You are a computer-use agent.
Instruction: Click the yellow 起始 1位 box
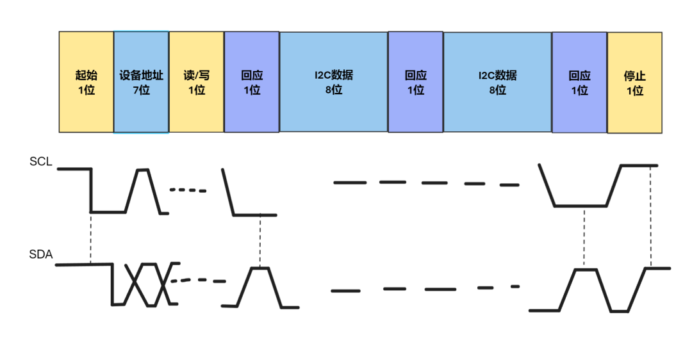pyautogui.click(x=86, y=82)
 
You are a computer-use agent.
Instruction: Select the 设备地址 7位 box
pyautogui.click(x=142, y=82)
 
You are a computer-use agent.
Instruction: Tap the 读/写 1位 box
pyautogui.click(x=197, y=82)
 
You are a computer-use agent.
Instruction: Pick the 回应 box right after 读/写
pyautogui.click(x=252, y=82)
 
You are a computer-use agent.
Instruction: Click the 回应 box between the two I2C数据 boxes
pyautogui.click(x=416, y=82)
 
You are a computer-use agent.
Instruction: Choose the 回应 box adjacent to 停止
pyautogui.click(x=579, y=82)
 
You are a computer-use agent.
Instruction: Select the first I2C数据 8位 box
pyautogui.click(x=334, y=82)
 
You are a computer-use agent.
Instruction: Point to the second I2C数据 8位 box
pyautogui.click(x=497, y=82)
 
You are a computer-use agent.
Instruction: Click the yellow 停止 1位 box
pyautogui.click(x=634, y=82)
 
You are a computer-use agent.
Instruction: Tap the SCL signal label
pyautogui.click(x=40, y=162)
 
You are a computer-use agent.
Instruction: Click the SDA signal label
pyautogui.click(x=40, y=254)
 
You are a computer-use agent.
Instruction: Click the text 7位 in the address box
pyautogui.click(x=142, y=90)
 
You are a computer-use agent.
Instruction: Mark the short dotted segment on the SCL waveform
pyautogui.click(x=188, y=190)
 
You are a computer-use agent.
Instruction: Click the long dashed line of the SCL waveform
pyautogui.click(x=426, y=183)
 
